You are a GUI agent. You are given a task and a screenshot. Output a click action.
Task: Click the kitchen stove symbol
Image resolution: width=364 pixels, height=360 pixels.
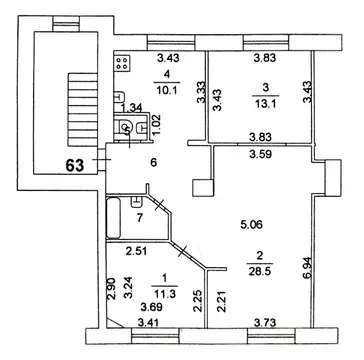tap(123, 65)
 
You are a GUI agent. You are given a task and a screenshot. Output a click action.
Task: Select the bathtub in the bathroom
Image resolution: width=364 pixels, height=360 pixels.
tap(115, 215)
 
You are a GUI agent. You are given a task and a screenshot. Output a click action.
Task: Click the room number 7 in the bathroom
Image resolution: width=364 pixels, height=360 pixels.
tap(140, 217)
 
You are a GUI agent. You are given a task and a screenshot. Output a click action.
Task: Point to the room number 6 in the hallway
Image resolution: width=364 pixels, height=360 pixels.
tap(153, 162)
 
